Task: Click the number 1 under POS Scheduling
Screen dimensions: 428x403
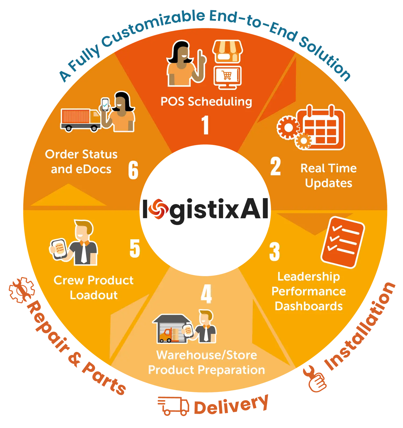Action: click(206, 125)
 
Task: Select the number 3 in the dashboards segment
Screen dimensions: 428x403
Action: click(275, 252)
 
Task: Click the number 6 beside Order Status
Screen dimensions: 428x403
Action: click(133, 170)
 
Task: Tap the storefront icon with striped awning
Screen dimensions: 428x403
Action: click(227, 52)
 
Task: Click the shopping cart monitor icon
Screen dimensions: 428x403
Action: click(227, 76)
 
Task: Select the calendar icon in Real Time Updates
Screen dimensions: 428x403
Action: click(321, 128)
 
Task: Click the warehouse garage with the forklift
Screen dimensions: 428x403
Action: click(171, 329)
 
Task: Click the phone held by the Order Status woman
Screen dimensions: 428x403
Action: click(105, 104)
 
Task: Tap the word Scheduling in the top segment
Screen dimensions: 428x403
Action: click(220, 102)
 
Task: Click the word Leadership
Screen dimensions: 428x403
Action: click(309, 277)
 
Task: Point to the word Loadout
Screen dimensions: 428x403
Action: click(94, 295)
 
